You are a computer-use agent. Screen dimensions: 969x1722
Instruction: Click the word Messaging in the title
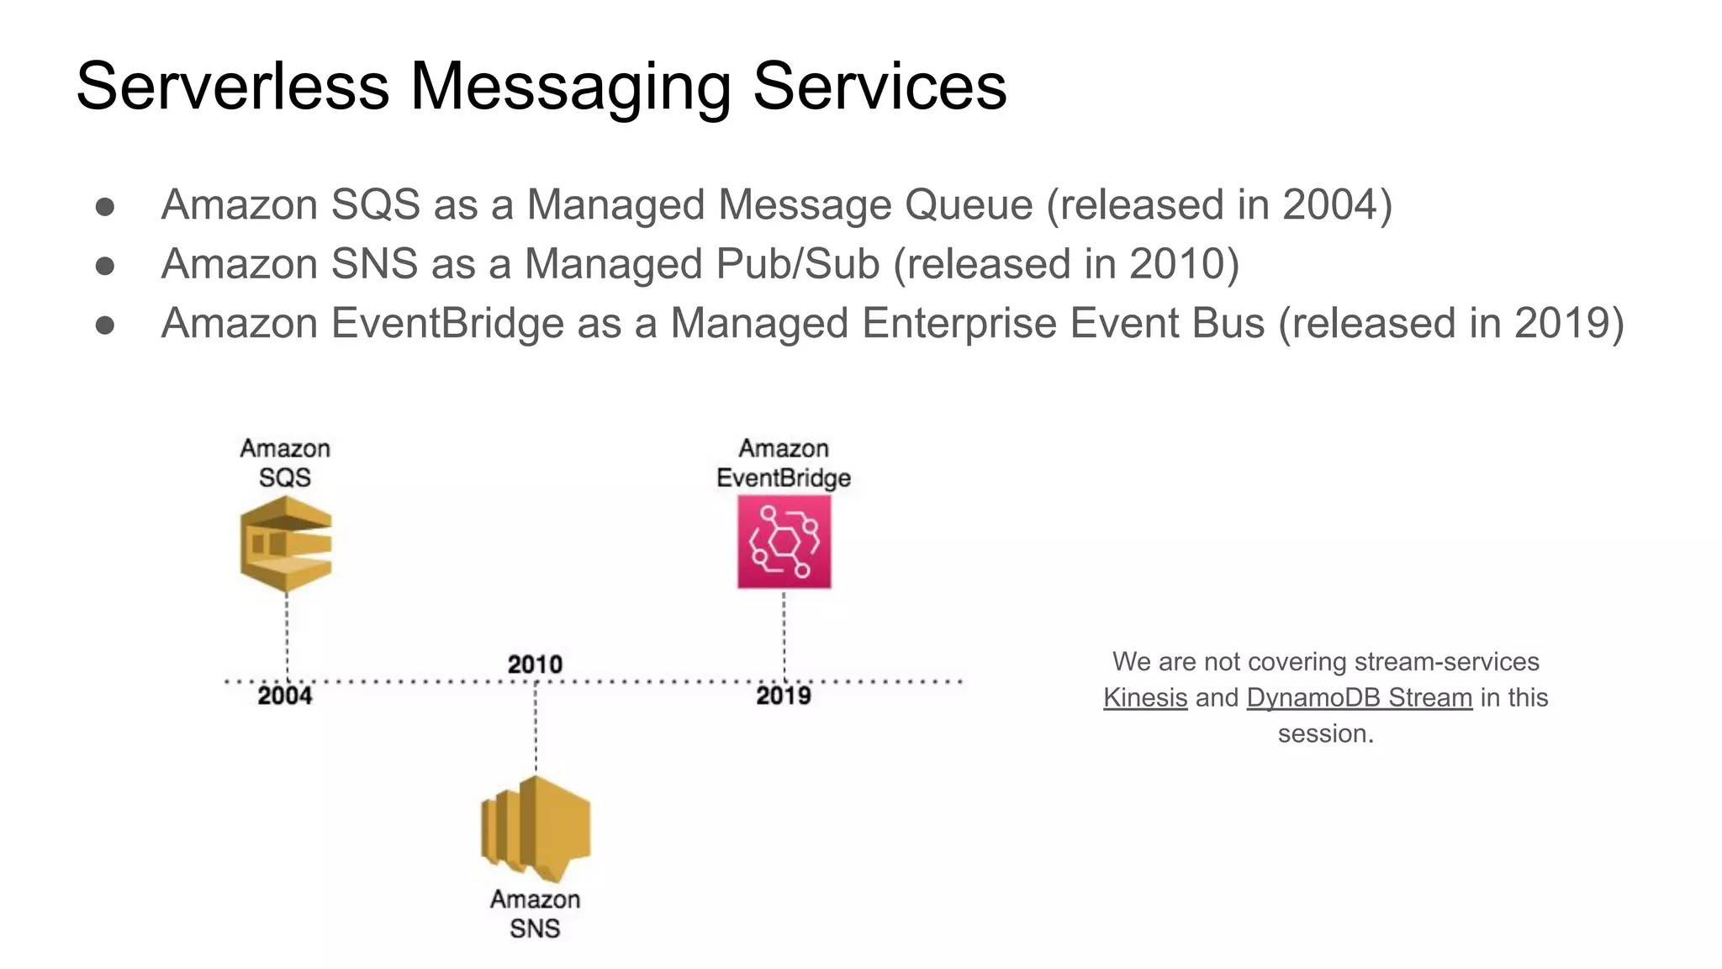570,87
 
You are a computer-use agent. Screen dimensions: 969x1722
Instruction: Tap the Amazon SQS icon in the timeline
286,543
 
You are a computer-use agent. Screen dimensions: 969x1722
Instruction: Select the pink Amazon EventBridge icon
784,541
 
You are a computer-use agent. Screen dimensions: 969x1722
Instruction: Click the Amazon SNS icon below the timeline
536,829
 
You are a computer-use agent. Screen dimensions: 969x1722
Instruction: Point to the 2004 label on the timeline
284,696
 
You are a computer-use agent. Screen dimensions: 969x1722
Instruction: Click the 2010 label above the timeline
535,665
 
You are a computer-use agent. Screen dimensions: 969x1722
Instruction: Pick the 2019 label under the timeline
783,696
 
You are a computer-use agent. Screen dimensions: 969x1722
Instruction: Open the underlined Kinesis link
1145,697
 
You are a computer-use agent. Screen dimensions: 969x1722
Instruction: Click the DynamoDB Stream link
1359,697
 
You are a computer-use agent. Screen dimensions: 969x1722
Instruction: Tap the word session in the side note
1325,733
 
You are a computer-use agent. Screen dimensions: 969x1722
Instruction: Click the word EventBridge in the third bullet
447,324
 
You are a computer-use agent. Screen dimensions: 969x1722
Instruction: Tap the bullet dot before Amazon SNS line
105,266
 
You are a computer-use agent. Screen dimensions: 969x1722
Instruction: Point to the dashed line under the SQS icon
287,635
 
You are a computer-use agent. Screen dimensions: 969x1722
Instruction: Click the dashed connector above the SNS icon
536,728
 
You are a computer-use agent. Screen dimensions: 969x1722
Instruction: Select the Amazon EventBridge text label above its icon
784,463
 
